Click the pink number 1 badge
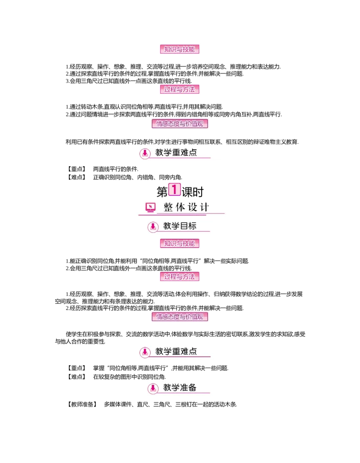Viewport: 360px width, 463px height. click(x=174, y=189)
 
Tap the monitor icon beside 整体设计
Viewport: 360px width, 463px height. click(x=151, y=207)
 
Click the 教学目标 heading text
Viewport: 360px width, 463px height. click(x=180, y=226)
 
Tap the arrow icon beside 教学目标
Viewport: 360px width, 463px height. click(x=153, y=227)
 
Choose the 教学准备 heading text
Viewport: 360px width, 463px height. click(x=180, y=387)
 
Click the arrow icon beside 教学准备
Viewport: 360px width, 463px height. click(x=153, y=388)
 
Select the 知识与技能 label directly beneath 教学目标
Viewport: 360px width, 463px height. click(x=180, y=244)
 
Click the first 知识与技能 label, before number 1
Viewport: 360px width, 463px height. click(x=180, y=50)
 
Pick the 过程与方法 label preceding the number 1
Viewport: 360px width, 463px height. click(x=180, y=89)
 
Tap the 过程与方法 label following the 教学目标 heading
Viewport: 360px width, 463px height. click(x=180, y=277)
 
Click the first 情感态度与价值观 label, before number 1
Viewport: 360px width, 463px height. click(x=180, y=123)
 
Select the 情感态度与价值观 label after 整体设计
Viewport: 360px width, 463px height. click(x=180, y=317)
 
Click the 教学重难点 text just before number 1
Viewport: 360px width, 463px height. click(x=176, y=153)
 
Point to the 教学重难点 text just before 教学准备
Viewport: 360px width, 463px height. click(x=176, y=351)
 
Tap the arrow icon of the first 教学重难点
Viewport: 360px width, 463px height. click(x=145, y=153)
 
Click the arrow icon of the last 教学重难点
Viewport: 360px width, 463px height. click(x=145, y=352)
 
